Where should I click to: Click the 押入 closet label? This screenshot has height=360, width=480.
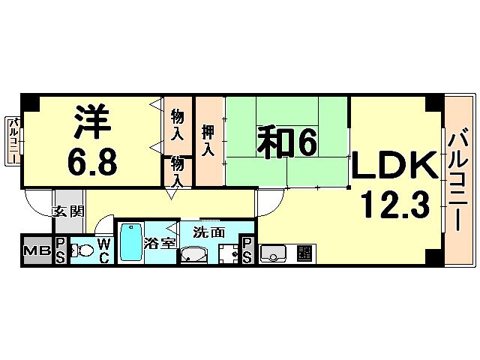tap(210, 141)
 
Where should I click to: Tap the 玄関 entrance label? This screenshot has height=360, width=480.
tap(66, 211)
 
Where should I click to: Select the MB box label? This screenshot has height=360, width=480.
tap(33, 250)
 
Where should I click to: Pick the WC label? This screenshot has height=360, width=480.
tap(103, 250)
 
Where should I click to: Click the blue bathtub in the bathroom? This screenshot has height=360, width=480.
tap(131, 241)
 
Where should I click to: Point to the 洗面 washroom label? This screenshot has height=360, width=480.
tap(208, 232)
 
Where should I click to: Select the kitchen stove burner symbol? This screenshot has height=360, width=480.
tap(304, 253)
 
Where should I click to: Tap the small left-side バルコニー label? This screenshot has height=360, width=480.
tap(13, 142)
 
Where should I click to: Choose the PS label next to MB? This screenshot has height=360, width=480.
tap(60, 250)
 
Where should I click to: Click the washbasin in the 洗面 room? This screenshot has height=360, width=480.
tap(193, 256)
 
